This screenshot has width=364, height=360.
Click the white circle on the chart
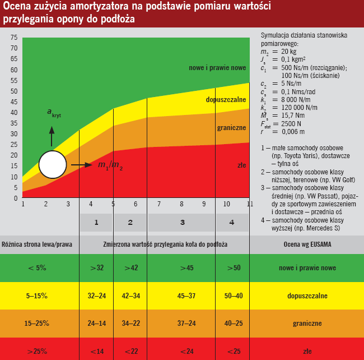[x=53, y=165]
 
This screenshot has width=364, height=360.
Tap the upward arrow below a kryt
[x=52, y=136]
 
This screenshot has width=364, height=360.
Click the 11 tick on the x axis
[x=249, y=204]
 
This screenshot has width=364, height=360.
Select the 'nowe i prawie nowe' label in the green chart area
[x=217, y=68]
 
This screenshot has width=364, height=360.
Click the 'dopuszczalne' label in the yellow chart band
[x=226, y=100]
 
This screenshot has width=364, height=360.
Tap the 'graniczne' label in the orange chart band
[x=231, y=127]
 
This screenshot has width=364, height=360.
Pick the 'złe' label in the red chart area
[x=241, y=165]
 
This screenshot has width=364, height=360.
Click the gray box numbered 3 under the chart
[x=182, y=223]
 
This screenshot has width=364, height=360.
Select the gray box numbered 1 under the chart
[x=96, y=223]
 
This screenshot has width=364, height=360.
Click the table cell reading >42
[x=130, y=267]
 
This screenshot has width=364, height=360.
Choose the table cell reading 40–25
[x=233, y=324]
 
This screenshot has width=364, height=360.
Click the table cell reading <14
[x=96, y=351]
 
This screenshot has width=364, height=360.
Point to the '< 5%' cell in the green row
[x=37, y=267]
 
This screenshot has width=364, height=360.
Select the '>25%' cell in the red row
[x=37, y=351]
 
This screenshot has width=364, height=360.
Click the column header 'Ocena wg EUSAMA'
[x=307, y=244]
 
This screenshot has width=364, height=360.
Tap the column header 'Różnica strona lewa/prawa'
[x=37, y=244]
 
